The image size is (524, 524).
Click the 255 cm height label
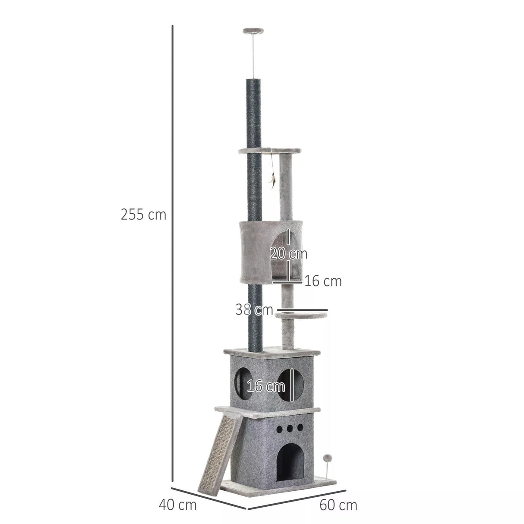point(143,215)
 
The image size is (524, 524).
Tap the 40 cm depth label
point(177,504)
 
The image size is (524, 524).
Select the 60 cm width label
point(338,505)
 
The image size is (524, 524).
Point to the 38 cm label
point(254,309)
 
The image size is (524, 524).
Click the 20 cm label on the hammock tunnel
point(288,253)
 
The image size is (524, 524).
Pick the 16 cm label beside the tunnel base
point(323,281)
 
